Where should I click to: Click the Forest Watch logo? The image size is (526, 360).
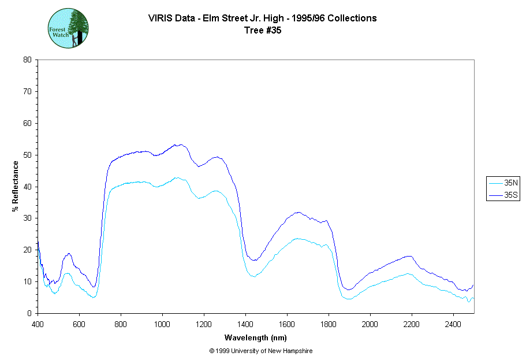tap(68, 28)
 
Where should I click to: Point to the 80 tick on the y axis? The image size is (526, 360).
tap(27, 60)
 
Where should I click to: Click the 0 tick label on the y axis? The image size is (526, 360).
tap(29, 313)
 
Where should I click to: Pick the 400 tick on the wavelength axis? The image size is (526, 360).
tap(38, 324)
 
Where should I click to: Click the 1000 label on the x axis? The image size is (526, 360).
tap(162, 324)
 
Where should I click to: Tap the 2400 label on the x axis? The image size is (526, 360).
tap(453, 324)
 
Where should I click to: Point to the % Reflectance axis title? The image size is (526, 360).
tap(16, 186)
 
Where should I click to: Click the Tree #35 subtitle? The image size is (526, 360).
tap(263, 31)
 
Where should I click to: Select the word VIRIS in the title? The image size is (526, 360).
tap(159, 18)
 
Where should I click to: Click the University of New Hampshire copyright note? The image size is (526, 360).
tap(261, 351)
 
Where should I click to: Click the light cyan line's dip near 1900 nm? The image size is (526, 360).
tap(349, 299)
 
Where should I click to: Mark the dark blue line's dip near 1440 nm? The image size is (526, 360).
tap(254, 261)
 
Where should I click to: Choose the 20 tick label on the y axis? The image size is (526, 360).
tap(27, 250)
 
